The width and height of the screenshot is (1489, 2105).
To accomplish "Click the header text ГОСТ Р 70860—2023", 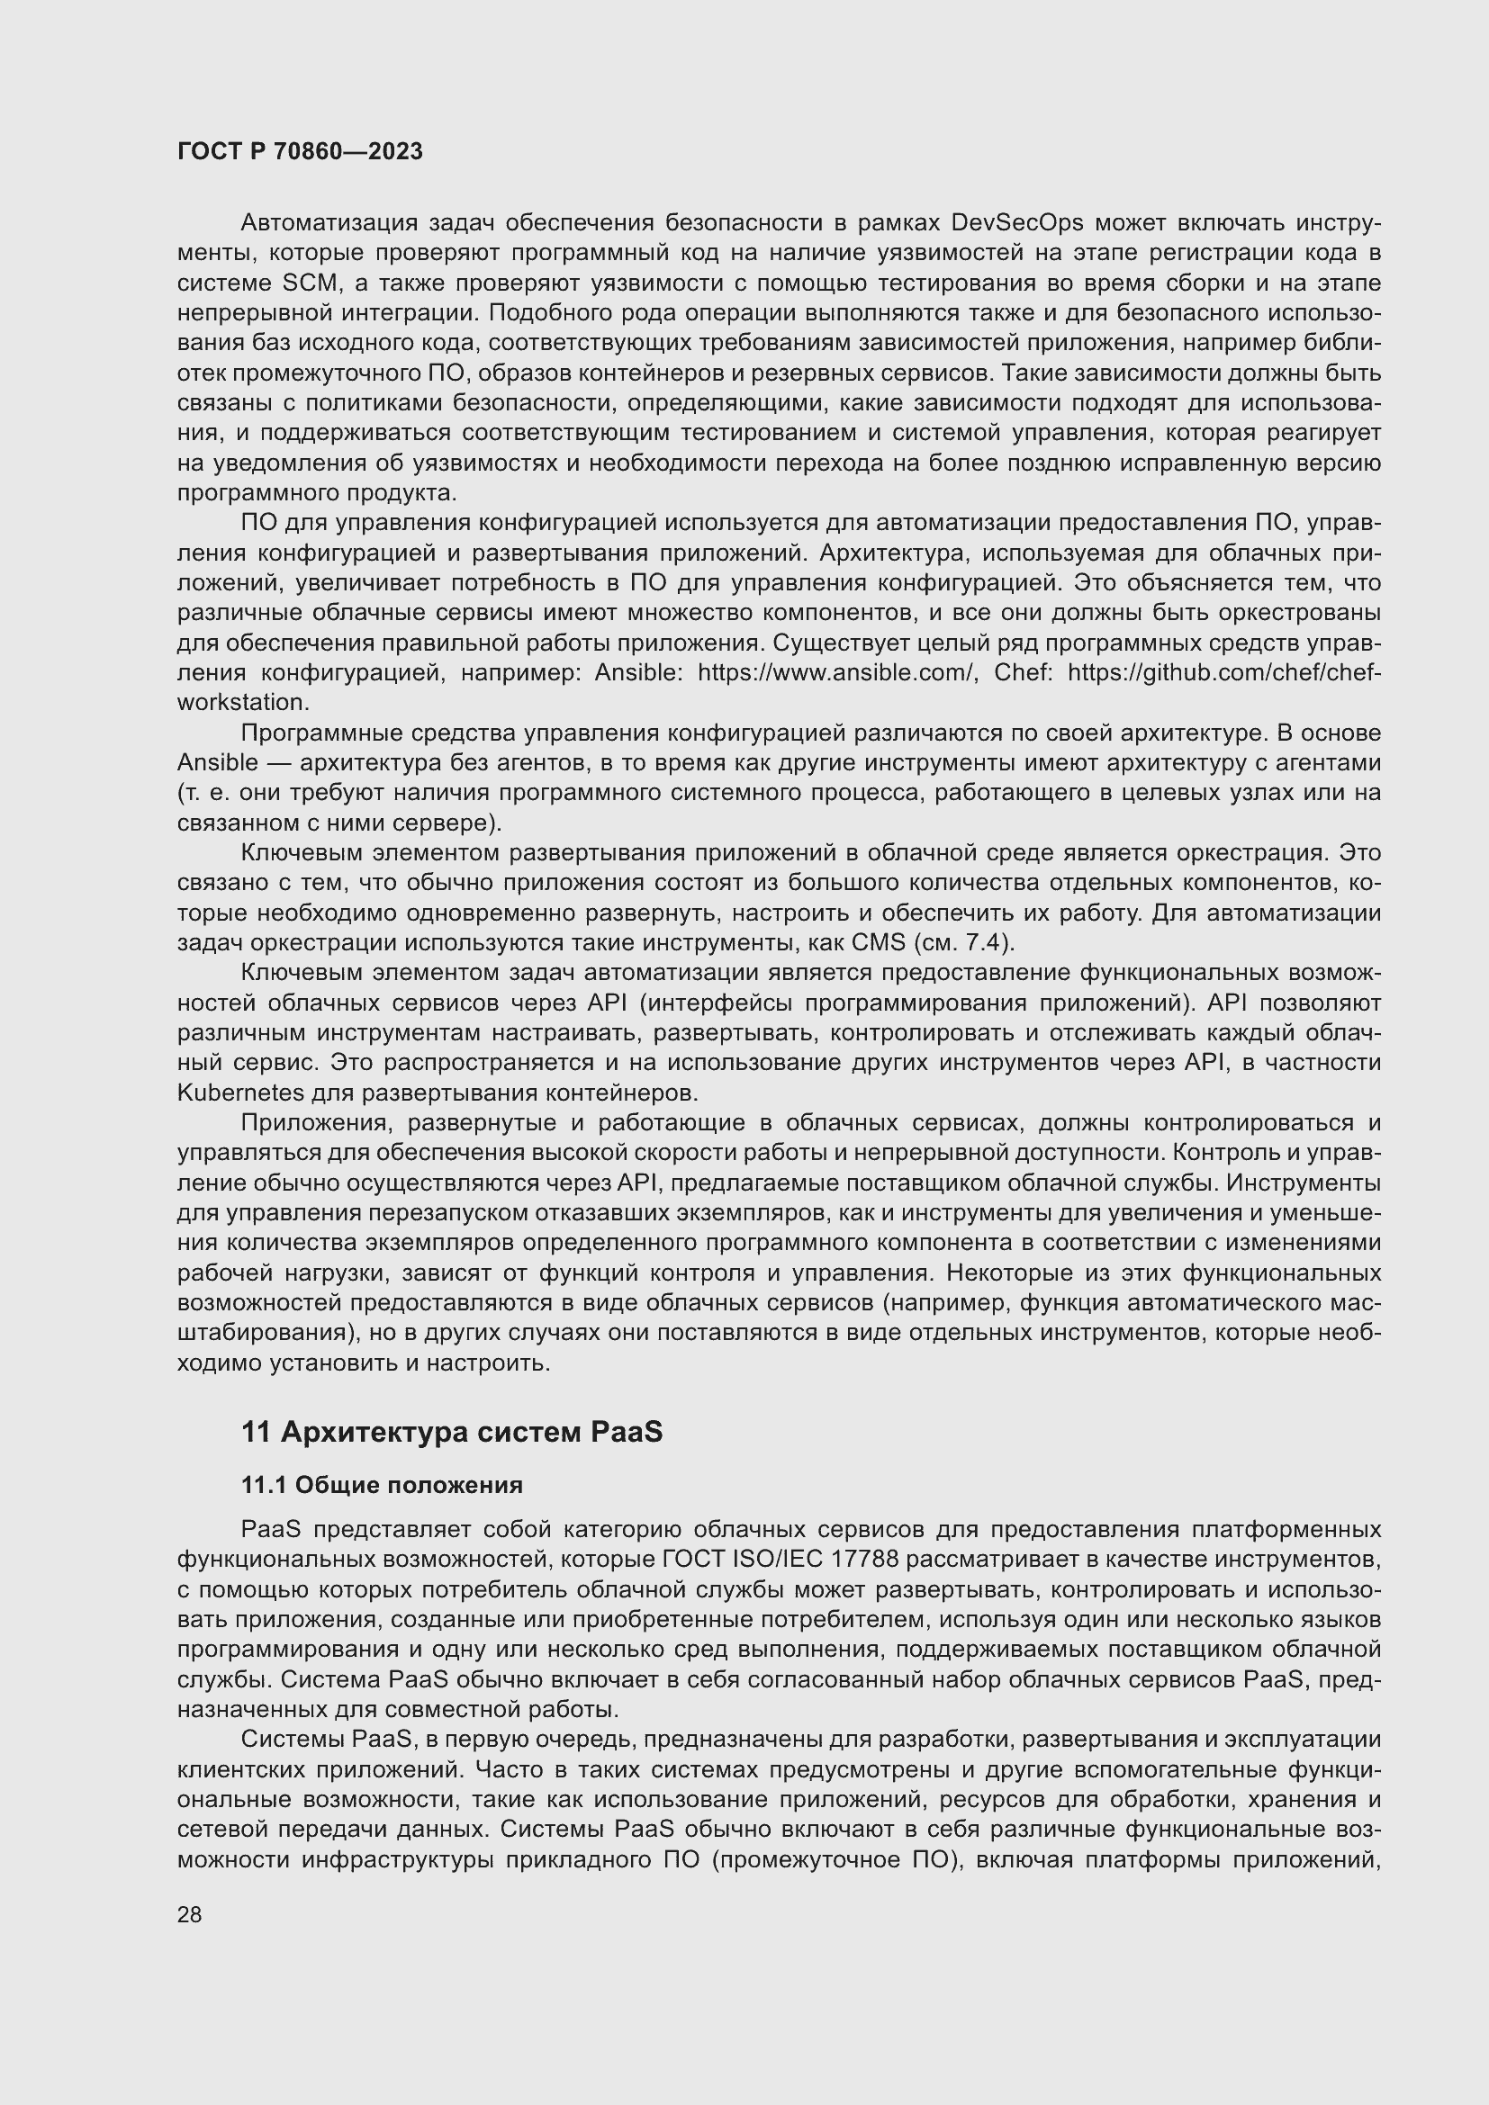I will pos(300,151).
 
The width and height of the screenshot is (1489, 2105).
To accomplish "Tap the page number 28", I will pos(190,1914).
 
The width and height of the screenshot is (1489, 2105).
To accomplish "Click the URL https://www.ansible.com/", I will pos(835,672).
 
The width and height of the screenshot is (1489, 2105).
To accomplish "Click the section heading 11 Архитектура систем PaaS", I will pos(451,1432).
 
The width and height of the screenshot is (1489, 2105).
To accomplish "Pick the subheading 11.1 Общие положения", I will pos(382,1485).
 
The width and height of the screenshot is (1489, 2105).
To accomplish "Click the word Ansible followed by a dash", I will pos(217,763).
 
